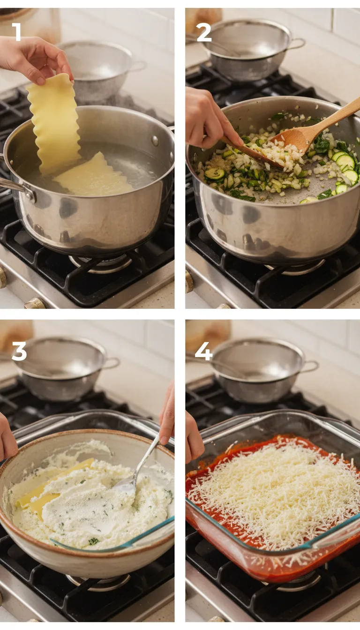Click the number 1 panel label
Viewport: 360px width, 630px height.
pyautogui.click(x=16, y=32)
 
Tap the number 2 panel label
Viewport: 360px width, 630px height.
pyautogui.click(x=203, y=32)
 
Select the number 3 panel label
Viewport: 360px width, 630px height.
pyautogui.click(x=19, y=351)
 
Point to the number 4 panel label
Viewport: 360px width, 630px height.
pyautogui.click(x=203, y=351)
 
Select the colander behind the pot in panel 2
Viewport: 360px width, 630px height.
pyautogui.click(x=248, y=49)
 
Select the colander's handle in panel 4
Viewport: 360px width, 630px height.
pyautogui.click(x=310, y=366)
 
